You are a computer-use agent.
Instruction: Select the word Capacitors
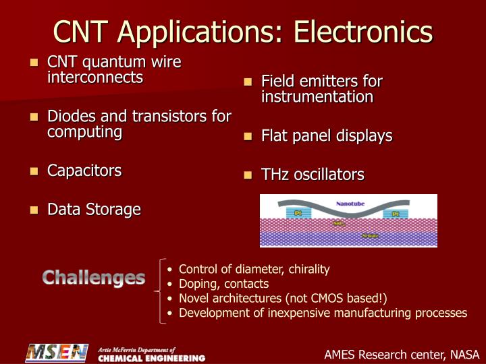pyautogui.click(x=84, y=171)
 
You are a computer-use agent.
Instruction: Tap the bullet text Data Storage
pyautogui.click(x=94, y=210)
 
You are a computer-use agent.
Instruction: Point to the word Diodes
pyautogui.click(x=69, y=116)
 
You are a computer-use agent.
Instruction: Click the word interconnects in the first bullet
pyautogui.click(x=95, y=78)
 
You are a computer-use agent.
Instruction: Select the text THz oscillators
pyautogui.click(x=313, y=175)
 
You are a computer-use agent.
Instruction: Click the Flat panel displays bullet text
pyautogui.click(x=327, y=135)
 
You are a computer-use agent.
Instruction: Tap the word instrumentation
pyautogui.click(x=317, y=97)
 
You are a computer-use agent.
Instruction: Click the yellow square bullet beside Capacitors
pyautogui.click(x=35, y=171)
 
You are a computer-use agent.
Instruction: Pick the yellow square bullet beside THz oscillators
pyautogui.click(x=248, y=175)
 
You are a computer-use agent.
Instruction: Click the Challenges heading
pyautogui.click(x=94, y=277)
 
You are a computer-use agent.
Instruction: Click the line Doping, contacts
pyautogui.click(x=223, y=284)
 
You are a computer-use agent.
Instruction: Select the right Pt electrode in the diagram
pyautogui.click(x=396, y=214)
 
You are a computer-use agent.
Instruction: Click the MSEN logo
pyautogui.click(x=57, y=353)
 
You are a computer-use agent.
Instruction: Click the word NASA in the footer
pyautogui.click(x=464, y=355)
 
